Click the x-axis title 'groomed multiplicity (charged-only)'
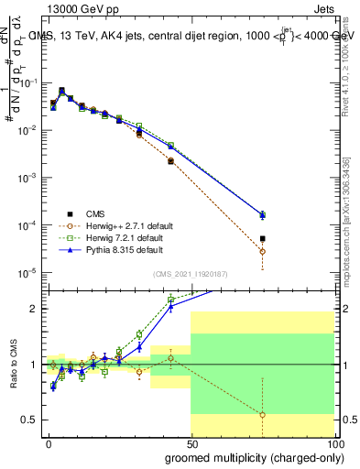251,456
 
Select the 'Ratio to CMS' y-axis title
13,364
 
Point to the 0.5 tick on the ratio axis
30,420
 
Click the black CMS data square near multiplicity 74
263,239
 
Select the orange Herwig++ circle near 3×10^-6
263,251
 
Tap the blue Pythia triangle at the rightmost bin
263,214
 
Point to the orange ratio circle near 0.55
263,415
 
